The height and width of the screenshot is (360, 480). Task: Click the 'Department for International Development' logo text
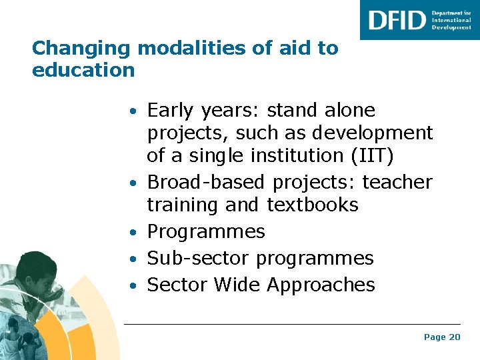tap(451, 20)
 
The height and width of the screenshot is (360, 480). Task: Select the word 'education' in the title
tap(83, 70)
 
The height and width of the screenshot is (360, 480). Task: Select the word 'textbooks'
tap(313, 205)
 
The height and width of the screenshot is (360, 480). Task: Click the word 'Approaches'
tap(321, 285)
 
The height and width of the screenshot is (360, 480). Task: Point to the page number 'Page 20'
tap(442, 337)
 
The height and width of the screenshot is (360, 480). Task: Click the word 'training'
tap(183, 205)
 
